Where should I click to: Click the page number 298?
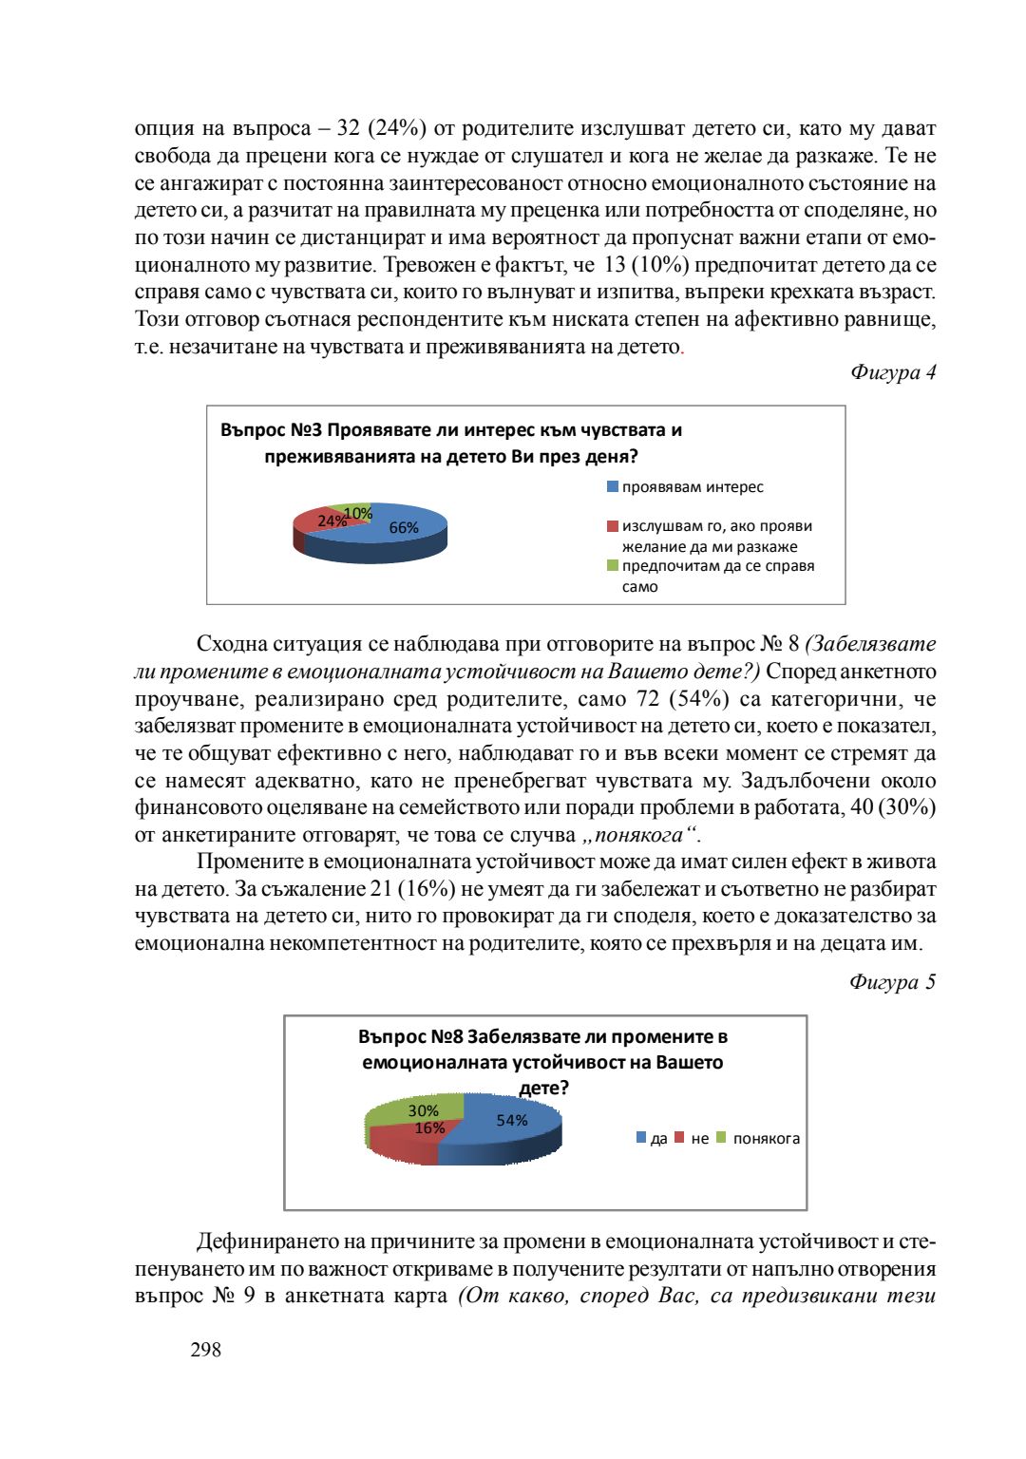click(206, 1350)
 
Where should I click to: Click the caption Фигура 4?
click(892, 372)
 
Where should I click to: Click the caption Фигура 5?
click(892, 982)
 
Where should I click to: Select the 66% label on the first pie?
click(404, 528)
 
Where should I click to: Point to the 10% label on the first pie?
click(358, 513)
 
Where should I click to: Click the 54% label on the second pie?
click(512, 1121)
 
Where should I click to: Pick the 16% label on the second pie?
click(429, 1128)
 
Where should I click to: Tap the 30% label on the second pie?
click(423, 1110)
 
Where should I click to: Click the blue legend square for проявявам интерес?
click(613, 487)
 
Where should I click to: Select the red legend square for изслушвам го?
click(613, 526)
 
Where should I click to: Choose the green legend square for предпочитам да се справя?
click(613, 566)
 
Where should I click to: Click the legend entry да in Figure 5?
click(658, 1139)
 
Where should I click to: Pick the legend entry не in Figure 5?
click(699, 1139)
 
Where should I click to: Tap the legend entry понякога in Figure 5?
click(766, 1139)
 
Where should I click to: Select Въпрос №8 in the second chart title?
click(409, 1036)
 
